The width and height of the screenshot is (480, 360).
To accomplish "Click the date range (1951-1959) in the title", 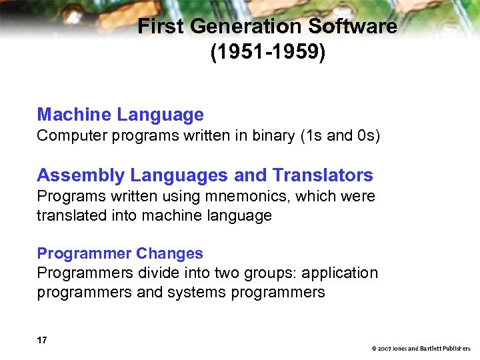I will [x=268, y=52].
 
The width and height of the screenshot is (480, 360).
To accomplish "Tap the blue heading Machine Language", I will [x=120, y=115].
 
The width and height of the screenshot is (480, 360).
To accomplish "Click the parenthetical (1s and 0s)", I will [x=340, y=136].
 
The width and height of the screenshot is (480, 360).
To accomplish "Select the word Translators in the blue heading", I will [x=323, y=176].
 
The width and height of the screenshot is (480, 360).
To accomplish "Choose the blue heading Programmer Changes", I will [x=120, y=254].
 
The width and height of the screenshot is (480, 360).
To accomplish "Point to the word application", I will [x=339, y=273].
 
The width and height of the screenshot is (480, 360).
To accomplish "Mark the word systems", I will [x=199, y=293].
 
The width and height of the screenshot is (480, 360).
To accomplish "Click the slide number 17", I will [x=42, y=341].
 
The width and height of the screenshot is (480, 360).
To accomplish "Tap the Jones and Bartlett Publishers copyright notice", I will [x=421, y=349].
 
